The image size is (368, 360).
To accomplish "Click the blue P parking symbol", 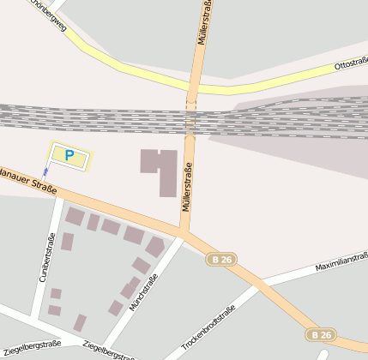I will [x=69, y=155].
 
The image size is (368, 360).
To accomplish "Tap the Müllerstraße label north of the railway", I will [x=204, y=23].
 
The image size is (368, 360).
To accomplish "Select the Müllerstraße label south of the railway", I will [x=186, y=187].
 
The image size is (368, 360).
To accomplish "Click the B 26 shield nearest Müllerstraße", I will [x=221, y=259].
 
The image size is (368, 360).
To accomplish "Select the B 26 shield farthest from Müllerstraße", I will [x=322, y=334].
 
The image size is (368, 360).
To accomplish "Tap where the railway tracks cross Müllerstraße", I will [x=191, y=120].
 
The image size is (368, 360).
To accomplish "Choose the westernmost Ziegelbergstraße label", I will [x=32, y=348].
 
